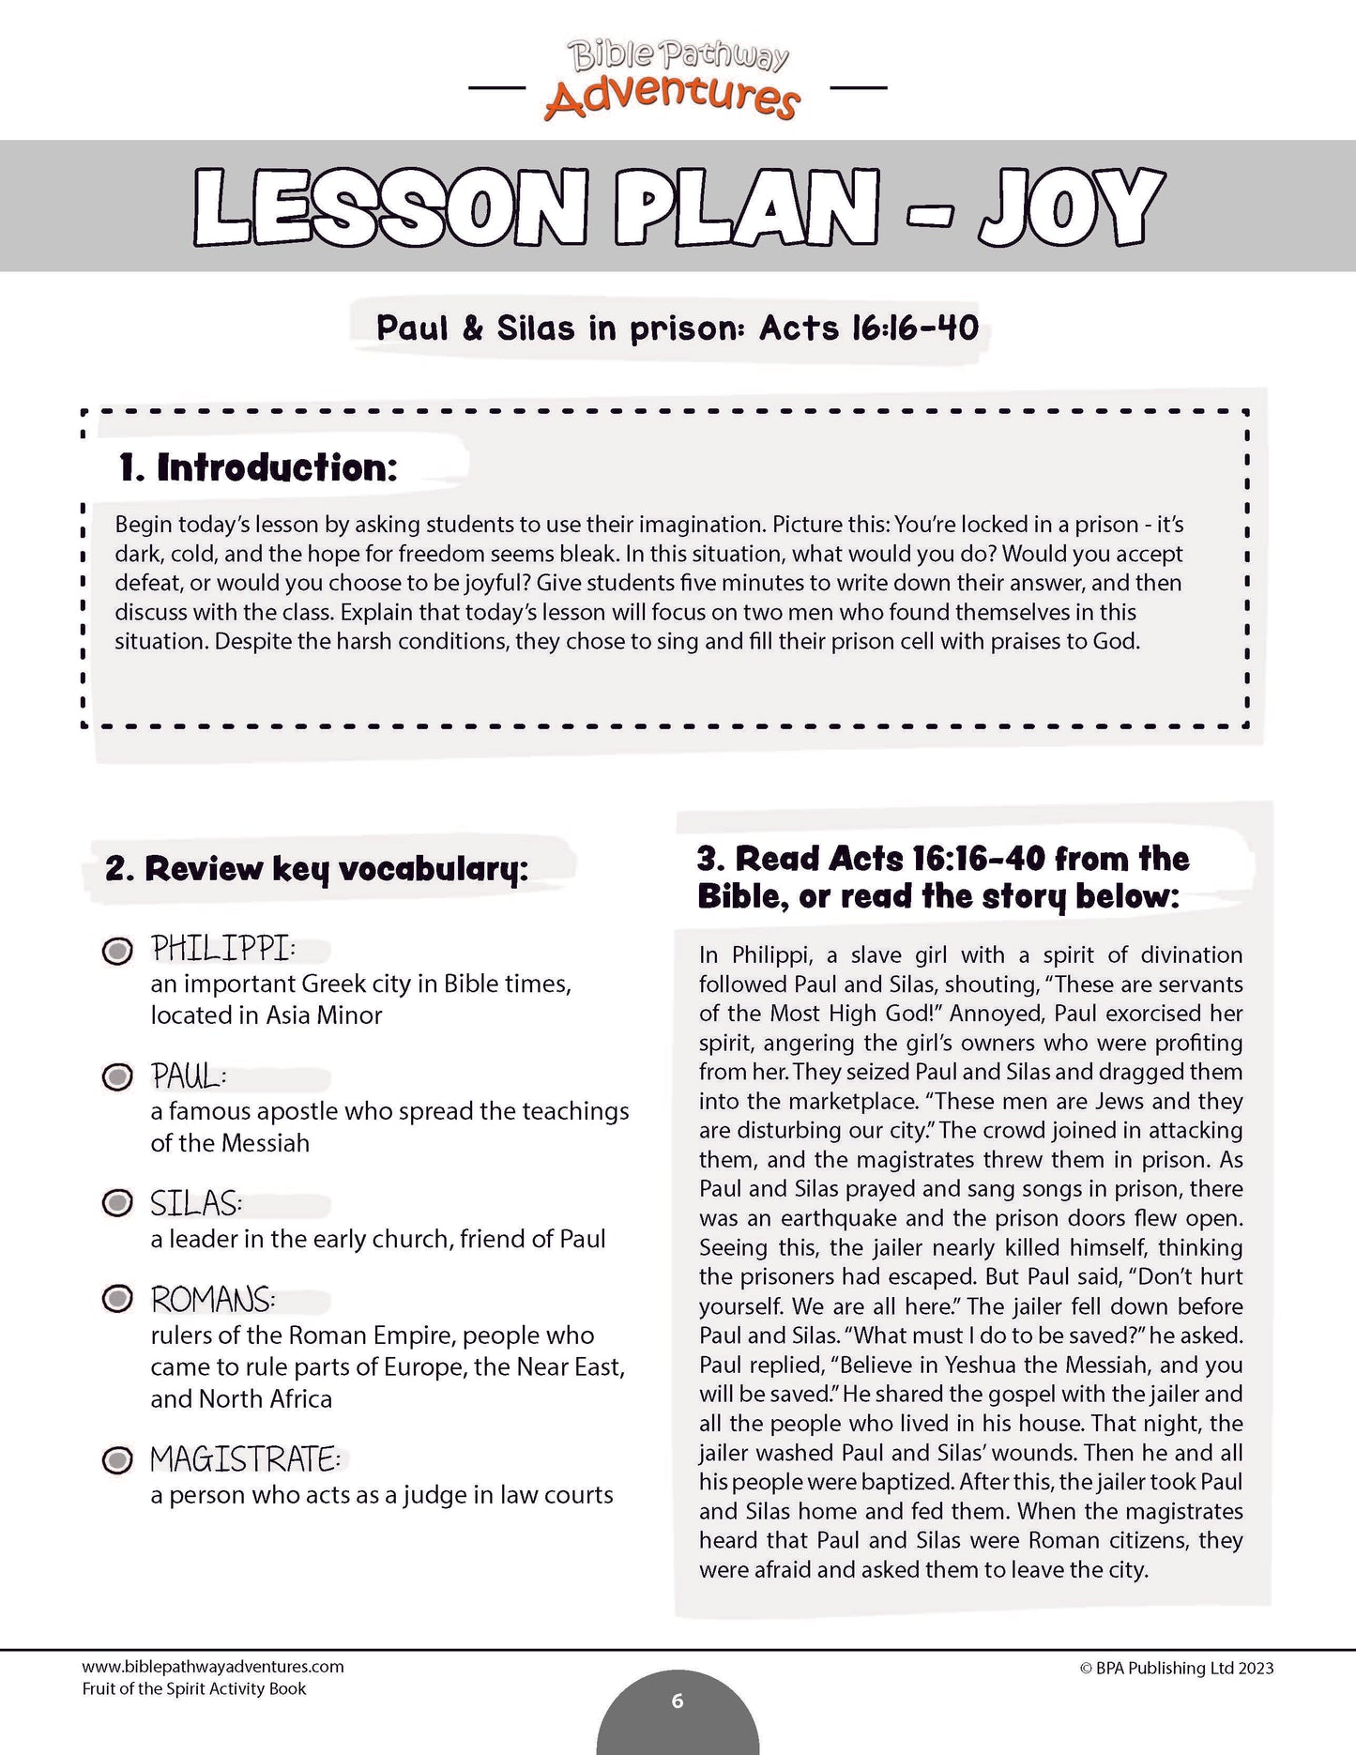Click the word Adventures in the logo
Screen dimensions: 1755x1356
pos(672,98)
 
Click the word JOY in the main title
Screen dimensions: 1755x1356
pos(1070,208)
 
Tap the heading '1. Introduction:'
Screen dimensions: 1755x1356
pos(258,467)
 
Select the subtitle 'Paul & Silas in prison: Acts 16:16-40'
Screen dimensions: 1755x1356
pos(677,328)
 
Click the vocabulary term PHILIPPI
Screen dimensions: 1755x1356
pos(222,949)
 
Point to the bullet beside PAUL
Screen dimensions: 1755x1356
pos(117,1076)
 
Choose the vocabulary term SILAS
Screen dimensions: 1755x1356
pos(196,1203)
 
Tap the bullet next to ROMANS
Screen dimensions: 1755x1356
pos(117,1300)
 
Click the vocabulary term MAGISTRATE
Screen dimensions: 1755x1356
pos(245,1460)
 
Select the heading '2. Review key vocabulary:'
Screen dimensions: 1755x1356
pos(316,869)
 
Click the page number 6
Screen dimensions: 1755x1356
pos(678,1701)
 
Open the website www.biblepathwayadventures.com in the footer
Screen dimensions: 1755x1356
pos(213,1667)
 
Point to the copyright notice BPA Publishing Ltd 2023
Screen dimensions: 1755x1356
pos(1177,1668)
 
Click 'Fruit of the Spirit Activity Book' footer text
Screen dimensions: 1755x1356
pos(194,1688)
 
